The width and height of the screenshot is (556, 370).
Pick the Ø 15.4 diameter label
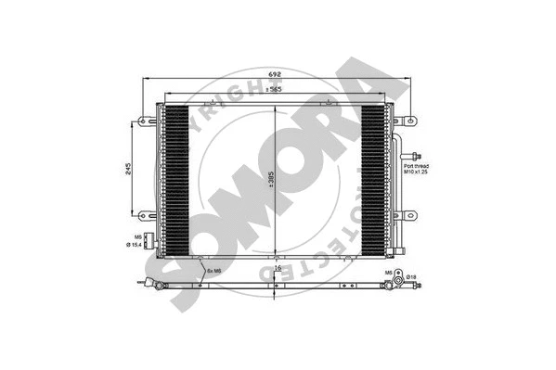[136, 245]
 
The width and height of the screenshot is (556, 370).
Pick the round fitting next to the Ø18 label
[398, 277]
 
